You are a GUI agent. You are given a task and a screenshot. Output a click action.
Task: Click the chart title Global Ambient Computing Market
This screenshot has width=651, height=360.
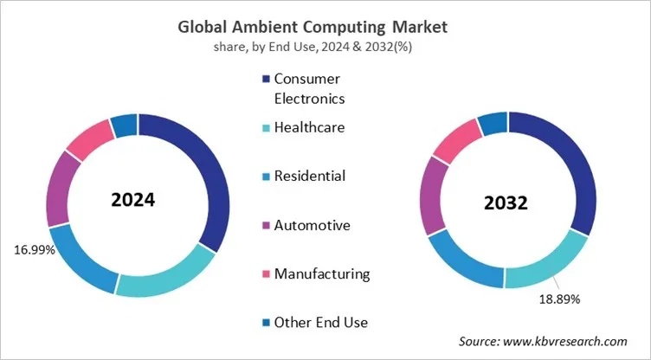tap(325, 25)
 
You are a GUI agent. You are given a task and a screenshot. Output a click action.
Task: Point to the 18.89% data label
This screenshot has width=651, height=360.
tap(558, 299)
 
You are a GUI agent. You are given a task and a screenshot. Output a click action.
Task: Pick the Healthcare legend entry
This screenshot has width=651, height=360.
tap(309, 128)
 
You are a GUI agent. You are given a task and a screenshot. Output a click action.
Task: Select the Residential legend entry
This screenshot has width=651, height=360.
tap(309, 177)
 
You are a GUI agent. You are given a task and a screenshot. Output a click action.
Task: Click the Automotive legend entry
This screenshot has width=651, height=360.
tap(312, 226)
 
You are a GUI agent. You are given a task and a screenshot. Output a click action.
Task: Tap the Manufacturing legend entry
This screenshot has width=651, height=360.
tap(321, 274)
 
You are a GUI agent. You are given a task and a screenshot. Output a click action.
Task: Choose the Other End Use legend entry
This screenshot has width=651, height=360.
tap(320, 323)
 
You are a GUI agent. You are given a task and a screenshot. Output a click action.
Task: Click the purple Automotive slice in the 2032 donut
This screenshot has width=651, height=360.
tap(432, 195)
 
